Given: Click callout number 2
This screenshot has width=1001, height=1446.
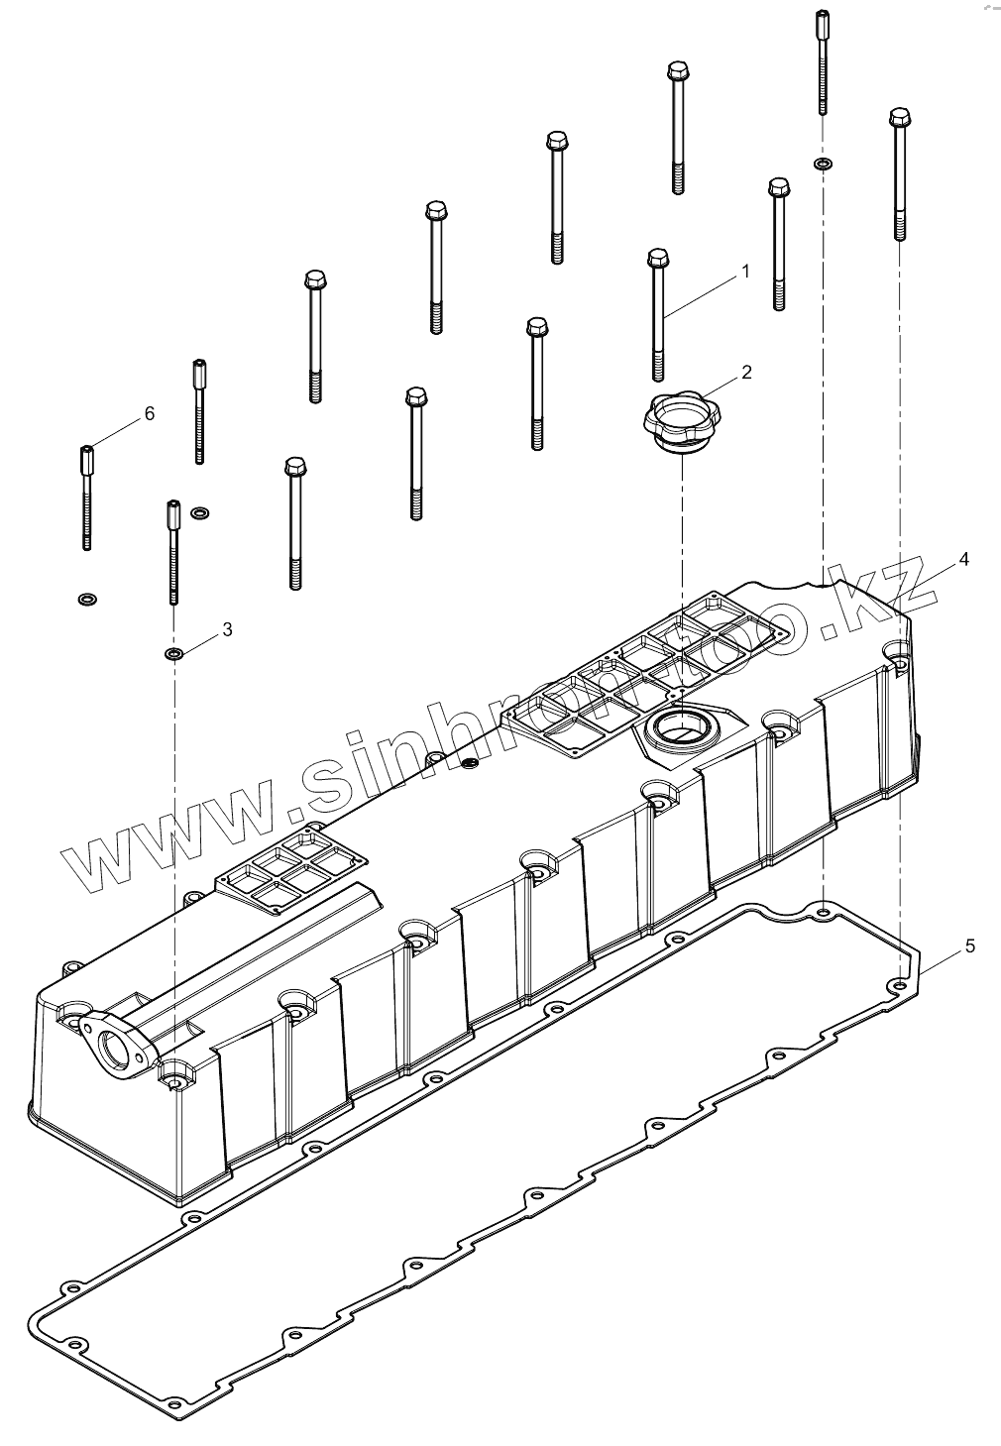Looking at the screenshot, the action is tap(746, 372).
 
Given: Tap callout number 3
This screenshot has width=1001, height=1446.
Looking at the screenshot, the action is tap(227, 628).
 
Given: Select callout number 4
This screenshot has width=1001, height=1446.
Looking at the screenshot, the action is tap(963, 559).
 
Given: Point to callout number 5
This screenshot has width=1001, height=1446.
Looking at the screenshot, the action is tap(969, 946).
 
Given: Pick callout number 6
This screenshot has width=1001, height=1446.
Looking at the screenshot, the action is tap(150, 413).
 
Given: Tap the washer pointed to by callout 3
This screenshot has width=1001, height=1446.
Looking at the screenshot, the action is tap(173, 654).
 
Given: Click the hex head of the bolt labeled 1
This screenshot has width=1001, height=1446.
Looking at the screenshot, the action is tap(656, 259).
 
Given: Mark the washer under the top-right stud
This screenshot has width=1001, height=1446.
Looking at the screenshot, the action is tap(823, 163).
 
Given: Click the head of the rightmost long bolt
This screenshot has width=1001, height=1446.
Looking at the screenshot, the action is tap(899, 118).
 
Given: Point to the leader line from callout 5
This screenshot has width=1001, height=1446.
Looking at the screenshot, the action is tap(942, 958).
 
